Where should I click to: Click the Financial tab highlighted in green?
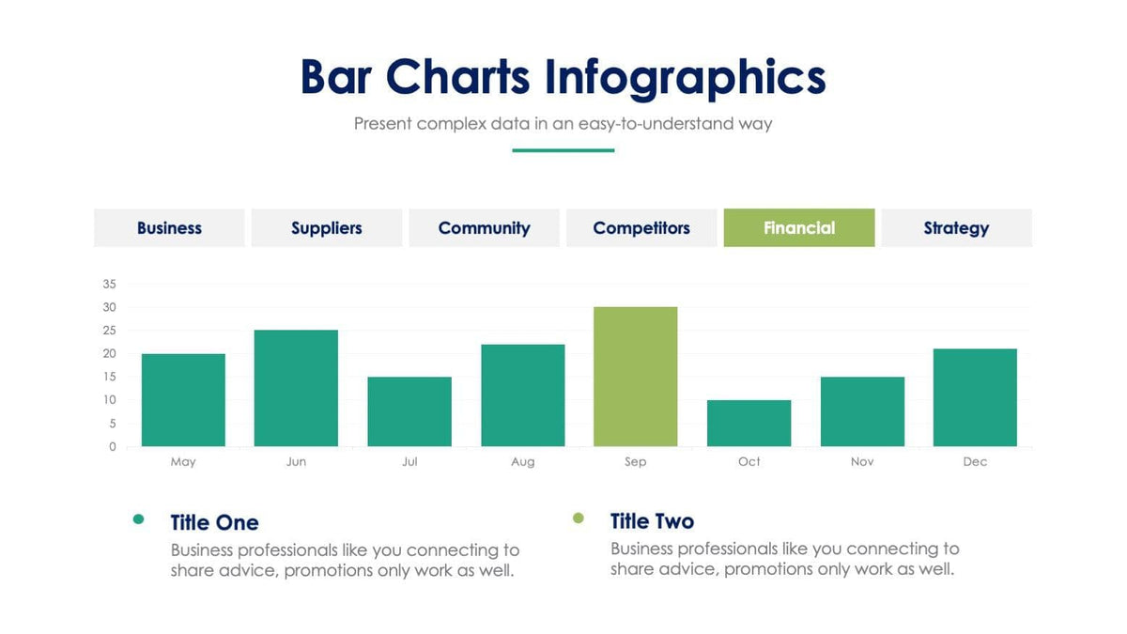click(798, 228)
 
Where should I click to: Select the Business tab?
click(169, 228)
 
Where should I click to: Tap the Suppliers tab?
click(326, 228)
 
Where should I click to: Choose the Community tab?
click(484, 228)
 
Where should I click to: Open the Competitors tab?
click(641, 228)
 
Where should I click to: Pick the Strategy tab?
click(956, 228)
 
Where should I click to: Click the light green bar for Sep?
click(636, 377)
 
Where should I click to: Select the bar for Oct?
click(749, 424)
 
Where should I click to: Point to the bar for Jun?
click(296, 388)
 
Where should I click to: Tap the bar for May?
click(183, 400)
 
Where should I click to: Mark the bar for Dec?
click(975, 397)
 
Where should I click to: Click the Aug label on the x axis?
click(523, 462)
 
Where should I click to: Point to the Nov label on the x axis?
click(862, 462)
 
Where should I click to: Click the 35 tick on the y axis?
click(109, 284)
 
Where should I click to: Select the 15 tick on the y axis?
click(109, 377)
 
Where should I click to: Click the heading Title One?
click(214, 523)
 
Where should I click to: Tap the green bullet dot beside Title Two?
click(579, 518)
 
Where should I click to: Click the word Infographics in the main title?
click(686, 77)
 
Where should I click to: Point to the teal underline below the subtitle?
click(563, 150)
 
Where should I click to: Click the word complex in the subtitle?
click(452, 124)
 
